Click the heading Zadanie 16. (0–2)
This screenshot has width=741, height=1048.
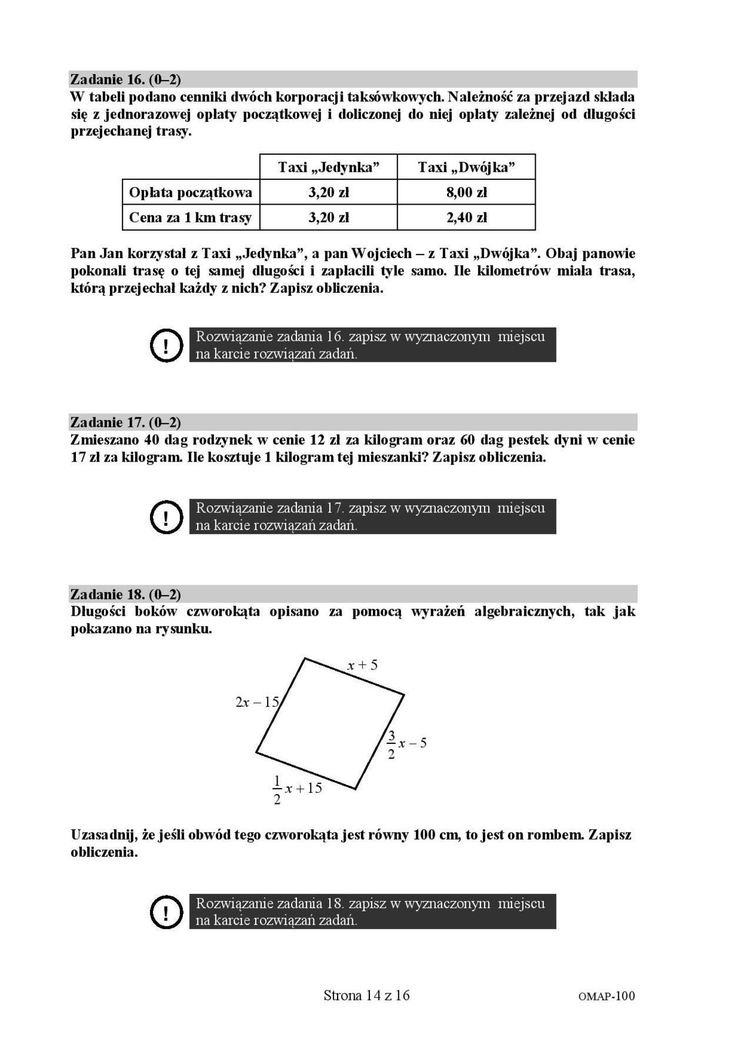(125, 79)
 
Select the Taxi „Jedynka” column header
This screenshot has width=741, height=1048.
(328, 167)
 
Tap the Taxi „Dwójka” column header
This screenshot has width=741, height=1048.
(466, 167)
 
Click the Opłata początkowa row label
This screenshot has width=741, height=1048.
(191, 192)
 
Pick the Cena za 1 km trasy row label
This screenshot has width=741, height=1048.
(191, 218)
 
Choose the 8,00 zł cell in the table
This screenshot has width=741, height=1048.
(466, 192)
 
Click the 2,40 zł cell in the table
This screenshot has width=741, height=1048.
(466, 218)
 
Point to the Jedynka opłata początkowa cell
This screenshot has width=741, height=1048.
(328, 192)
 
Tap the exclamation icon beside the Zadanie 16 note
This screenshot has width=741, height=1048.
(167, 345)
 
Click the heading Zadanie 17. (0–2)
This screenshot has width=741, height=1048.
(125, 422)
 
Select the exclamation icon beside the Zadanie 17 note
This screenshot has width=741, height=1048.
(167, 517)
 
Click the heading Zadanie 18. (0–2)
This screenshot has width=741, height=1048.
(125, 594)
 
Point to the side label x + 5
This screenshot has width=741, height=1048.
(362, 665)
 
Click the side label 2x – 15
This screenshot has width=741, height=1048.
(257, 702)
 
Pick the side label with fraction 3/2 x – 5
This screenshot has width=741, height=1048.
(406, 744)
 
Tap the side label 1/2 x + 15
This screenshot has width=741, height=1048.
(297, 789)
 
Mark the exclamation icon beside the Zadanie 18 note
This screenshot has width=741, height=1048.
(167, 912)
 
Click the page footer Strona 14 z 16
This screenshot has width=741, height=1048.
(366, 995)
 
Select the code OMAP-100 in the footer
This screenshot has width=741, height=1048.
(607, 996)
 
